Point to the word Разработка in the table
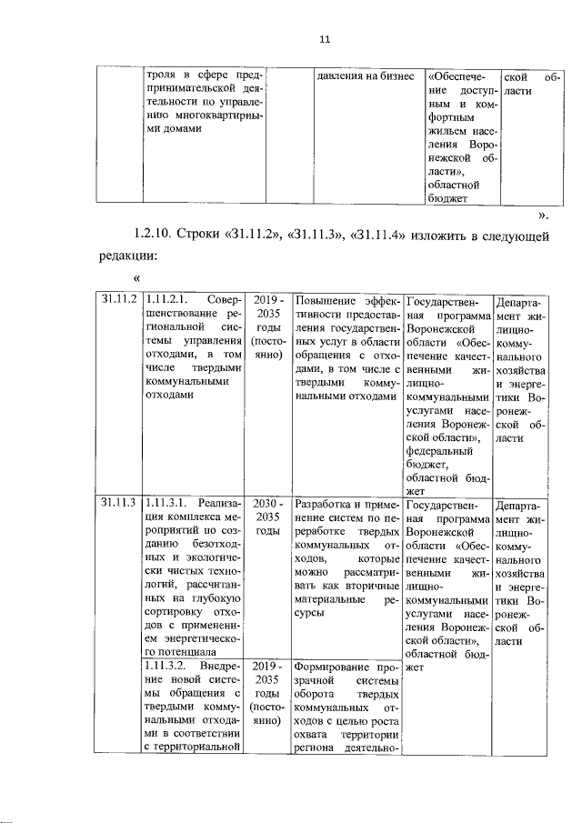(x=319, y=503)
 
